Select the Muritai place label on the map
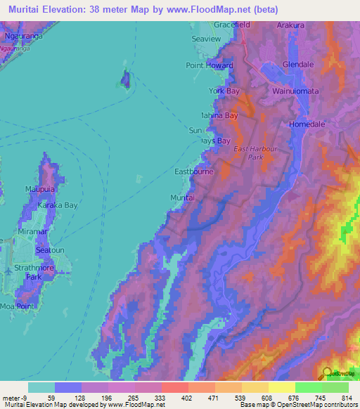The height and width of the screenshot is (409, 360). (x=182, y=199)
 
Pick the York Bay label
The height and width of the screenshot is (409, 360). (x=224, y=91)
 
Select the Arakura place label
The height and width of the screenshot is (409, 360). (x=290, y=25)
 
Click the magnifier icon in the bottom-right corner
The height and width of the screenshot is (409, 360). (x=327, y=373)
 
